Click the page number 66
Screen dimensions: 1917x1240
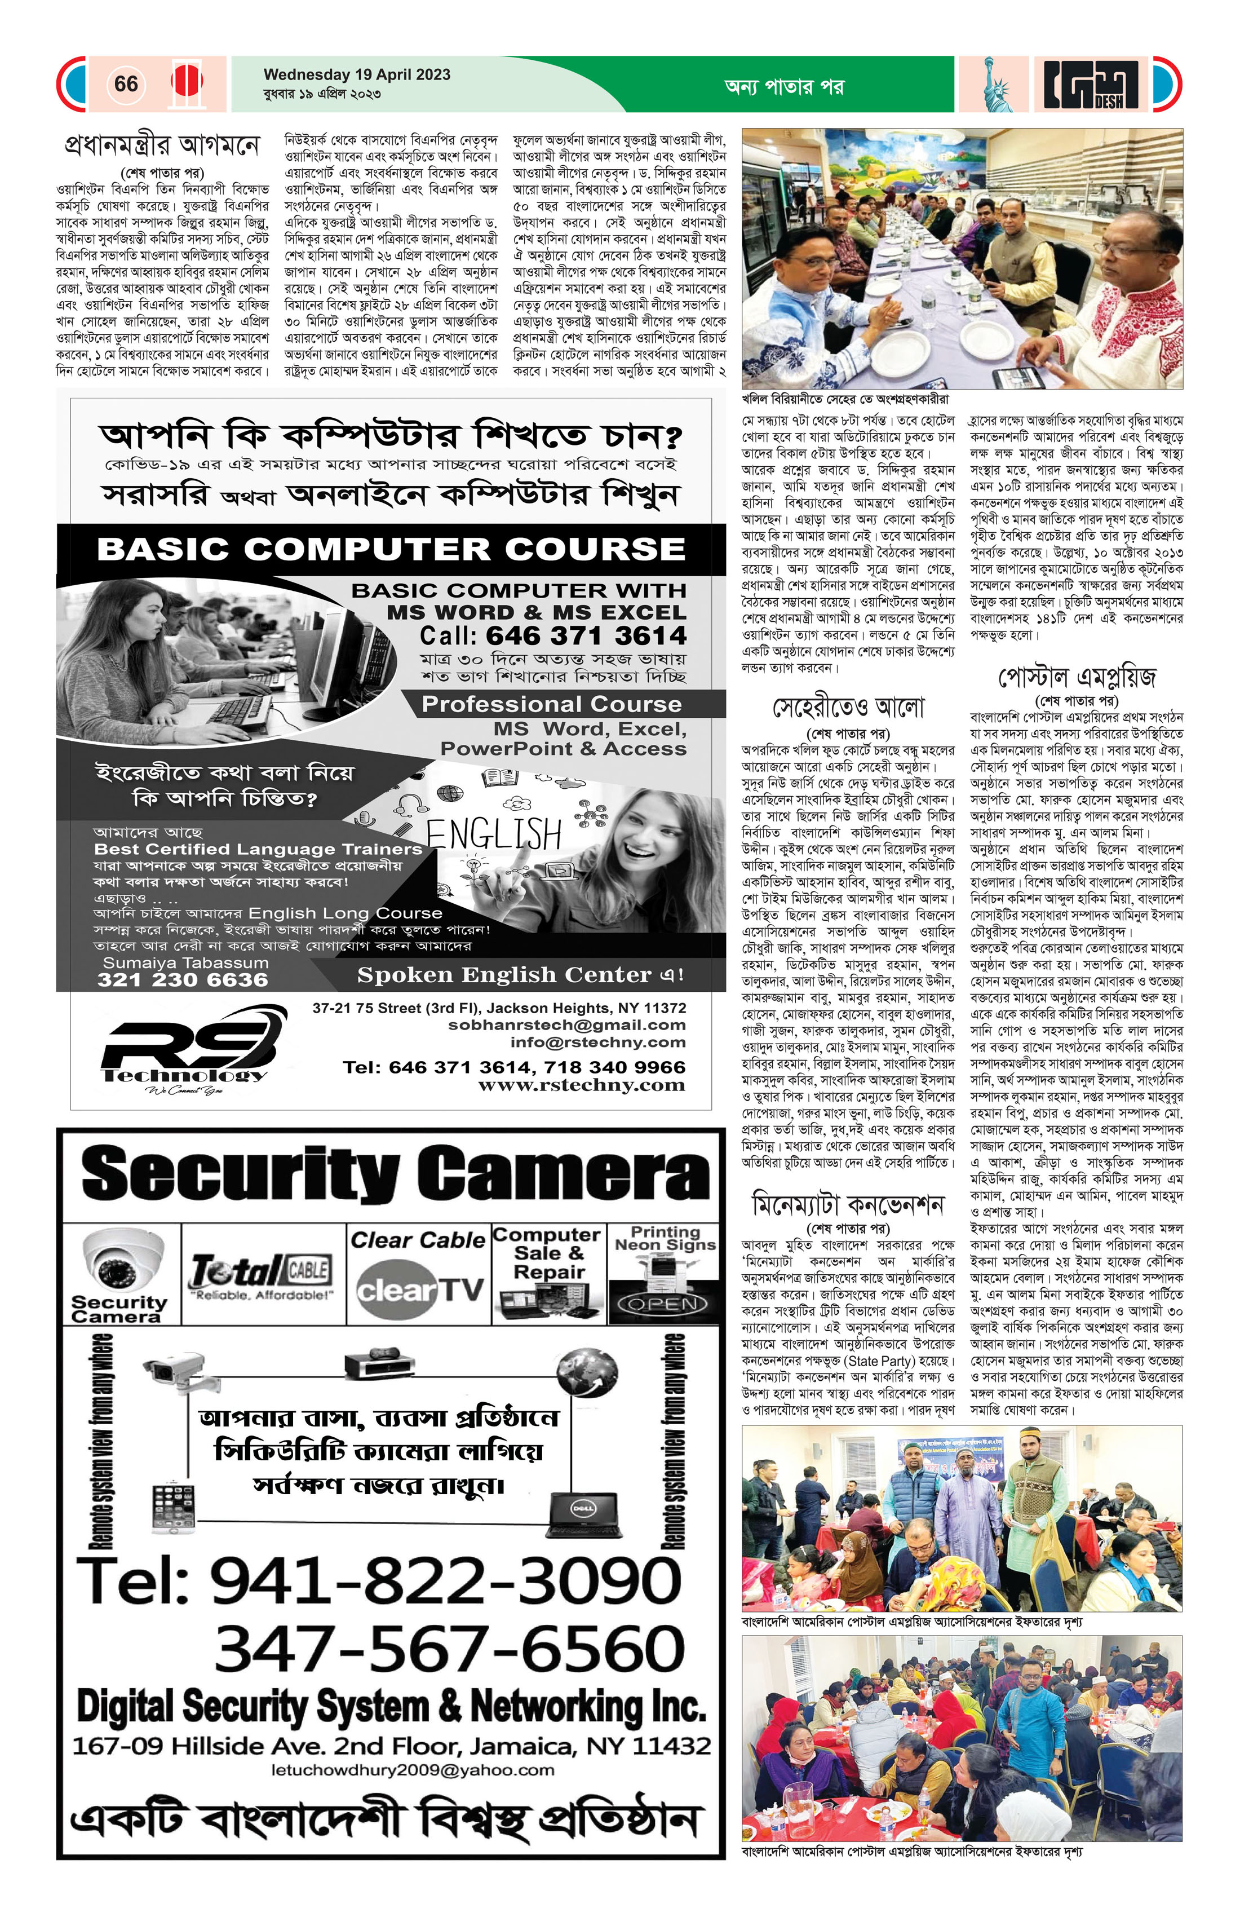point(126,84)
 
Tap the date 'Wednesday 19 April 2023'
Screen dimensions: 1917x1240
point(357,75)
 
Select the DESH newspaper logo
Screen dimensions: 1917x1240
point(1093,85)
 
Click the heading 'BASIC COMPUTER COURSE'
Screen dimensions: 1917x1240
point(391,549)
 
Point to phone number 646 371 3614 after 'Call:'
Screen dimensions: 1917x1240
point(586,635)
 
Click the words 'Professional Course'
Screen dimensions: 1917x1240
point(552,704)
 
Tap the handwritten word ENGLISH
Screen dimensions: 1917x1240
point(494,834)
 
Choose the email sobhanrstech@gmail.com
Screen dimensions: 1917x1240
point(567,1026)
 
